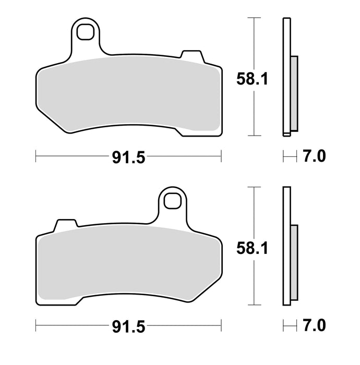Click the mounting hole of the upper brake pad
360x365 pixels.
(x=83, y=33)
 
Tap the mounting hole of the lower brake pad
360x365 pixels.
(x=172, y=200)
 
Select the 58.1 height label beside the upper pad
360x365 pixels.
(x=253, y=79)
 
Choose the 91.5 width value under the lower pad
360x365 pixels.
(x=128, y=326)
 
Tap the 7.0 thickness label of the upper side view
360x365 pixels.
(x=314, y=155)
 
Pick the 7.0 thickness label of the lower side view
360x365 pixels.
(x=314, y=326)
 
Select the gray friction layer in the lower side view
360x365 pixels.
(x=294, y=262)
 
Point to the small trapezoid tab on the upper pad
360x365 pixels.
(x=190, y=55)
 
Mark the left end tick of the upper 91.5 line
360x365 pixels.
(x=35, y=155)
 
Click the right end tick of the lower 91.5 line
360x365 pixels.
(x=221, y=326)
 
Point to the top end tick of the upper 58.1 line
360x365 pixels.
(x=254, y=18)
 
